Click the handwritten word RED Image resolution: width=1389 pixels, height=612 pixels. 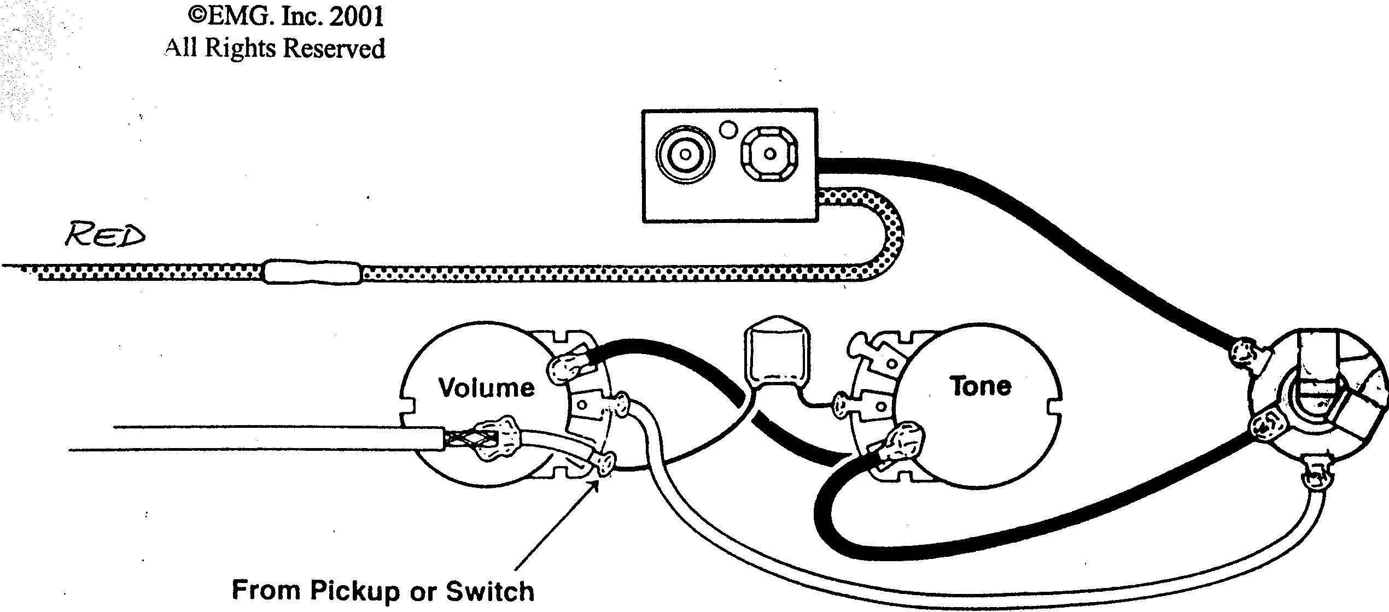(106, 235)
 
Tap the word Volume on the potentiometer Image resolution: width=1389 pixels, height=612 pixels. (486, 388)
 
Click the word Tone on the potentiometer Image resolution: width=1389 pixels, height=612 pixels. (981, 386)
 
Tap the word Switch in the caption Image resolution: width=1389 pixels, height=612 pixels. (490, 591)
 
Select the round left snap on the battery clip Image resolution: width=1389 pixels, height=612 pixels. (686, 154)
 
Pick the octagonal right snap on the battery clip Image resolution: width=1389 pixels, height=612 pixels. (769, 154)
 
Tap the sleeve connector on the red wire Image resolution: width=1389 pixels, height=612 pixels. (312, 272)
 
